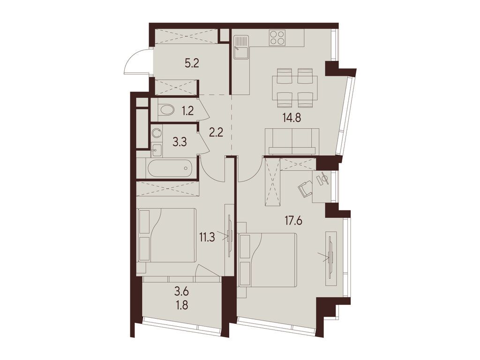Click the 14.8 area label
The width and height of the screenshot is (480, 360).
pos(292,117)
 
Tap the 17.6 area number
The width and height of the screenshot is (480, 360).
pos(293,220)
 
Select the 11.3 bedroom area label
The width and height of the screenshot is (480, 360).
pos(207,237)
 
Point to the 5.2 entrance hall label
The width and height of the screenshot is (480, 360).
pos(192,63)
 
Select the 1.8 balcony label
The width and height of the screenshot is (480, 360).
pos(181,305)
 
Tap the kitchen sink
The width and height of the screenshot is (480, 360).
pos(241,47)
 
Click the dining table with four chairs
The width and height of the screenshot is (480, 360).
pos(294,88)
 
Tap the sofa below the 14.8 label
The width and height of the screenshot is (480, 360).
pos(292,141)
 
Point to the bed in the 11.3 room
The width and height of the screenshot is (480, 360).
pos(167,235)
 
